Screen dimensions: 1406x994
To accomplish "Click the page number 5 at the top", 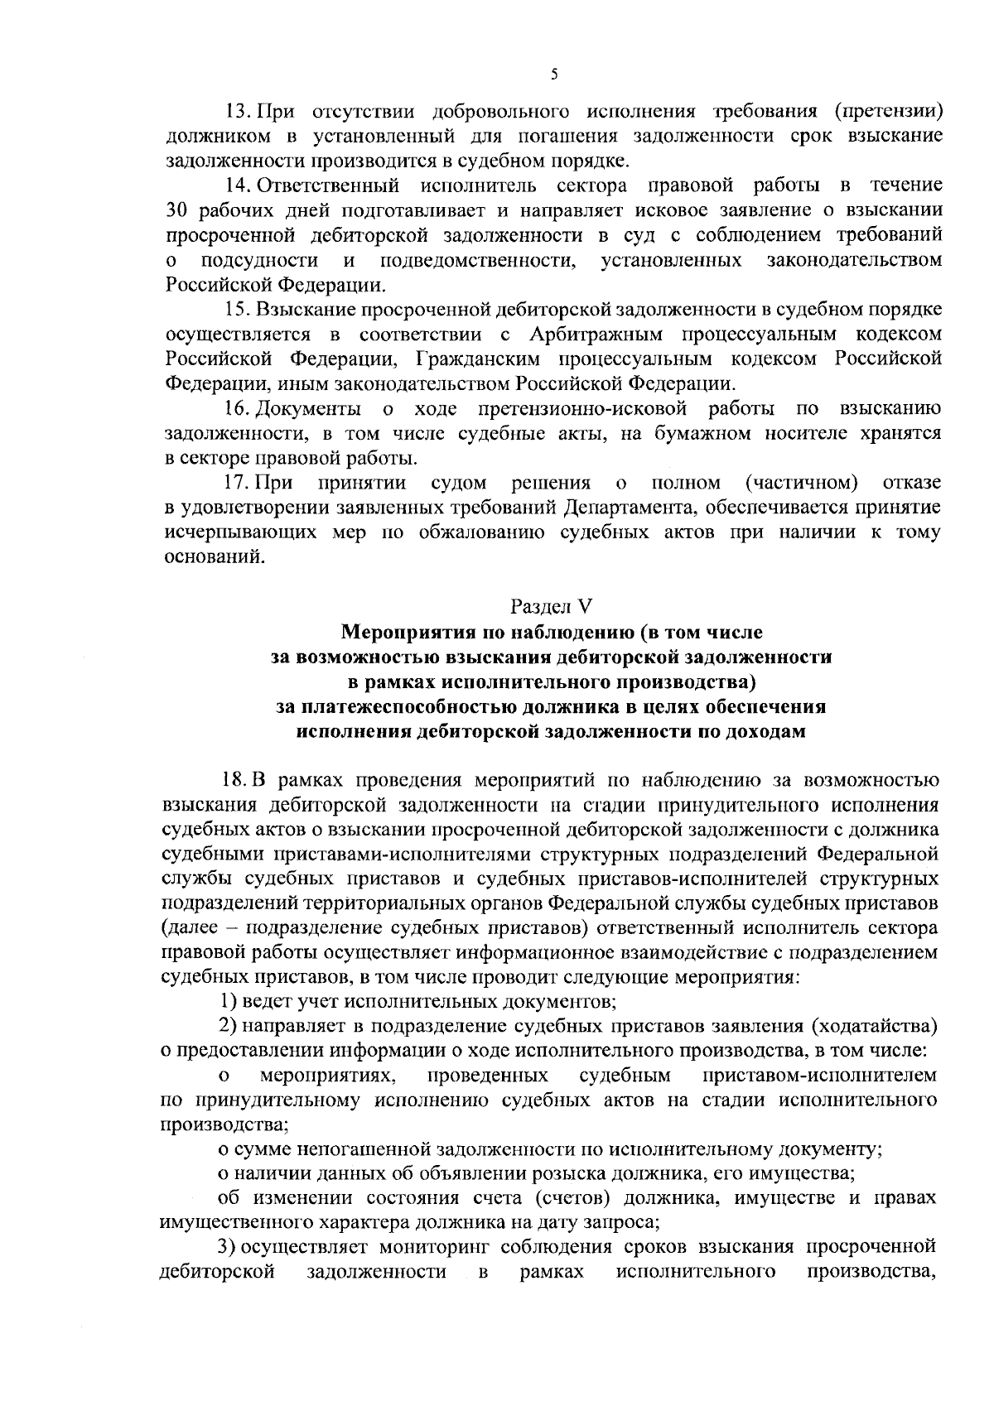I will (554, 75).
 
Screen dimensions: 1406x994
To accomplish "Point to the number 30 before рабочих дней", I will (178, 210).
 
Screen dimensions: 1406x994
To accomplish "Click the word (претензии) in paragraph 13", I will (888, 111).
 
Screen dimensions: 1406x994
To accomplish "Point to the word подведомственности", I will (477, 260).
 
